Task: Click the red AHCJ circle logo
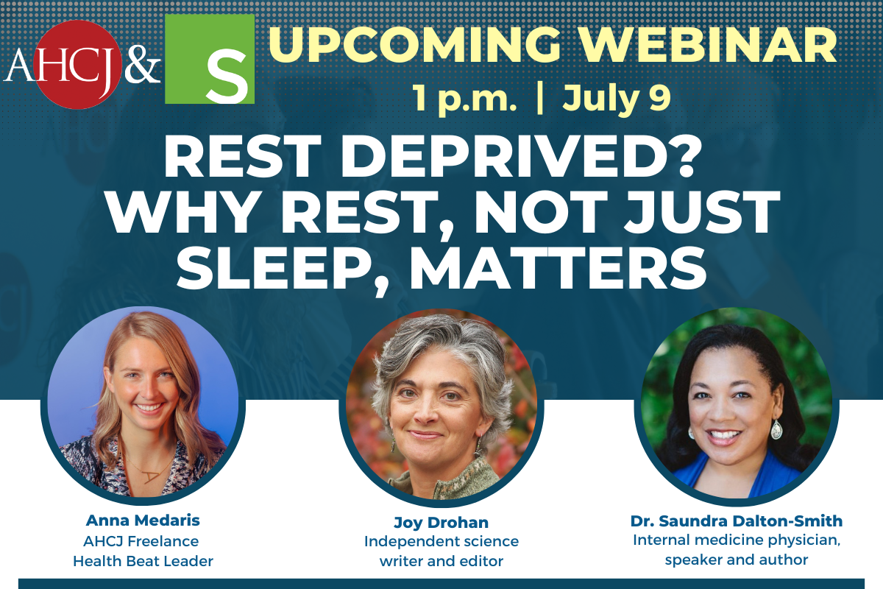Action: (x=78, y=65)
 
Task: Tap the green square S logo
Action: (x=210, y=59)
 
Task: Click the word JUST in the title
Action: (x=702, y=212)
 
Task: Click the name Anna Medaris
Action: (x=143, y=521)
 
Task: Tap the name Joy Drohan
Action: (x=441, y=522)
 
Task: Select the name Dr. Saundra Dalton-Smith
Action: (x=737, y=521)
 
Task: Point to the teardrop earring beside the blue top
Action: (x=776, y=429)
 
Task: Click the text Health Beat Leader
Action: (x=143, y=561)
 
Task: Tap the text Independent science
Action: (x=441, y=541)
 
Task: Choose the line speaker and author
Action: (x=737, y=560)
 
